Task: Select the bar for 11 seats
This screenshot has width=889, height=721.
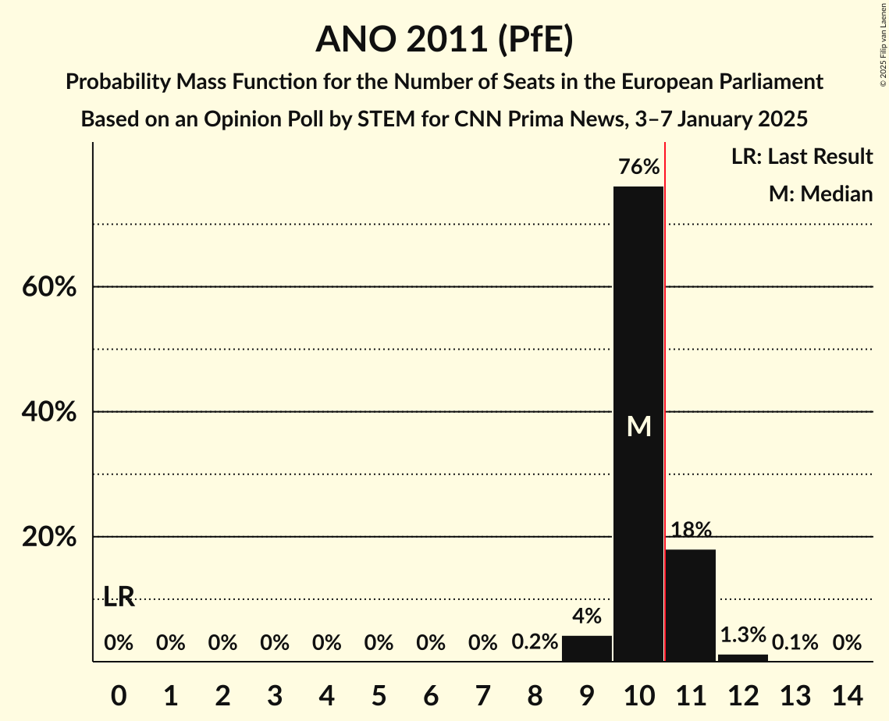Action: [x=691, y=605]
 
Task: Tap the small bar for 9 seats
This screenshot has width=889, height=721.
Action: [x=587, y=648]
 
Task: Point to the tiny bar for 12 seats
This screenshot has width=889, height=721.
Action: [x=742, y=658]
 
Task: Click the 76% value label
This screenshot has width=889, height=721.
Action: [x=638, y=167]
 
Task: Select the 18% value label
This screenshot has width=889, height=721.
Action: [x=691, y=530]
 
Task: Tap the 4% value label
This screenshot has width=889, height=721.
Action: [x=587, y=616]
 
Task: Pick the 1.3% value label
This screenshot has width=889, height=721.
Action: [x=742, y=634]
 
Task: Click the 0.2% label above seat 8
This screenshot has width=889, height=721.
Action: [x=535, y=642]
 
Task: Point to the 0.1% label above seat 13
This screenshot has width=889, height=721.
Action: [x=795, y=642]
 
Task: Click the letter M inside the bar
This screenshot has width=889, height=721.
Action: [x=638, y=426]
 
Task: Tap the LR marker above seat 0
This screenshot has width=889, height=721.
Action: [x=119, y=598]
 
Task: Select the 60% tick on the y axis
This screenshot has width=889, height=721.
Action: [x=48, y=287]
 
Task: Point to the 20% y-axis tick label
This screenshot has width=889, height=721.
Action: [x=48, y=538]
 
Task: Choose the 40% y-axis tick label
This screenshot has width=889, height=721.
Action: [x=48, y=412]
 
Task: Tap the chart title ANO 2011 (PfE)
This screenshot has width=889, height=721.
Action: [x=444, y=40]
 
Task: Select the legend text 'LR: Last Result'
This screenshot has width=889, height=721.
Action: [x=802, y=157]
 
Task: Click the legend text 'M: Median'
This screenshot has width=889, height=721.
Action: [x=820, y=194]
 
